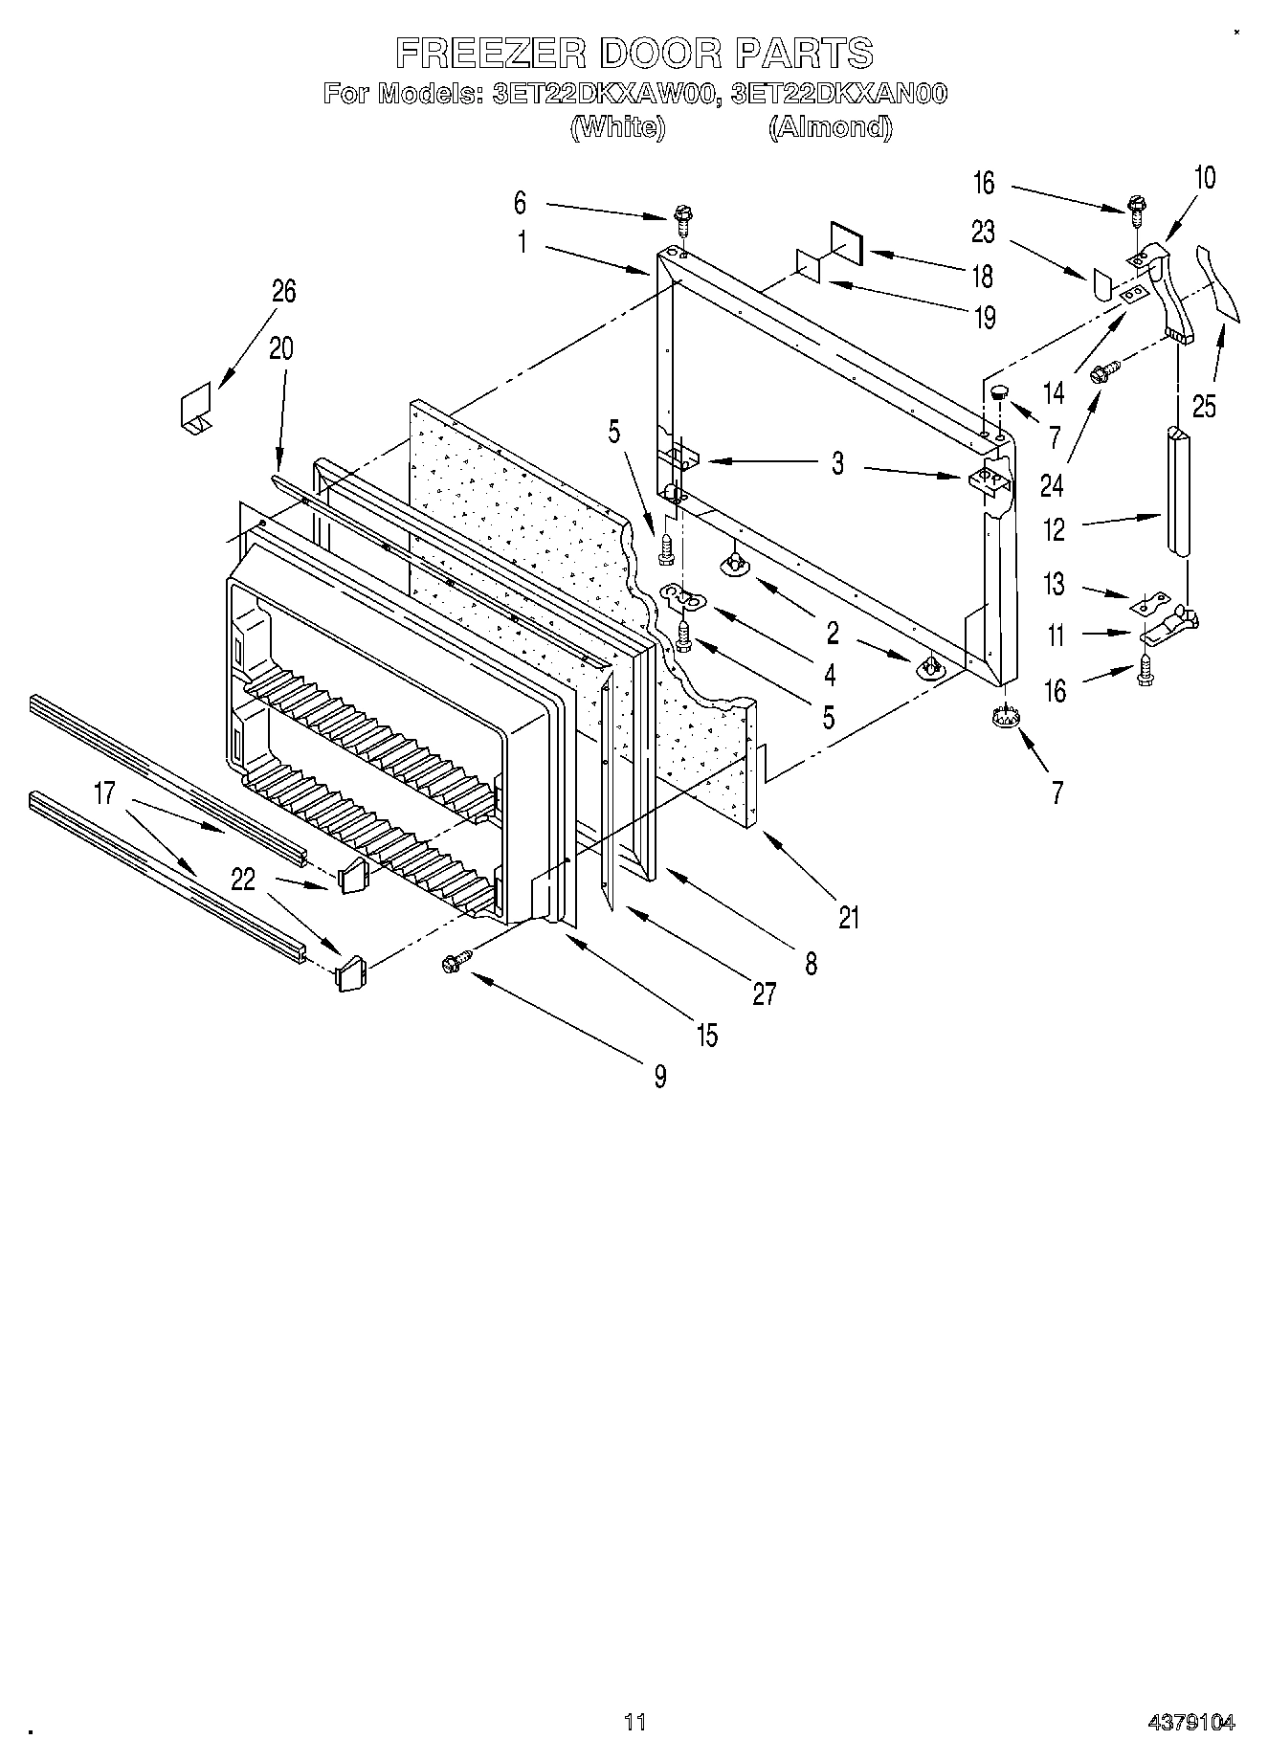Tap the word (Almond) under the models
(830, 127)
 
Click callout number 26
(283, 291)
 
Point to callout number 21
(849, 917)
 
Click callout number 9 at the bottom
(660, 1076)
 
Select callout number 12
(1054, 529)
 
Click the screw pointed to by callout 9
(453, 964)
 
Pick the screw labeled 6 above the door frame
(683, 219)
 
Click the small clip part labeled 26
(197, 409)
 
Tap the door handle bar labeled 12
(1177, 489)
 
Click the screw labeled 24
(1106, 371)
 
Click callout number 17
(104, 792)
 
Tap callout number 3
(837, 465)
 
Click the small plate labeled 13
(1151, 604)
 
